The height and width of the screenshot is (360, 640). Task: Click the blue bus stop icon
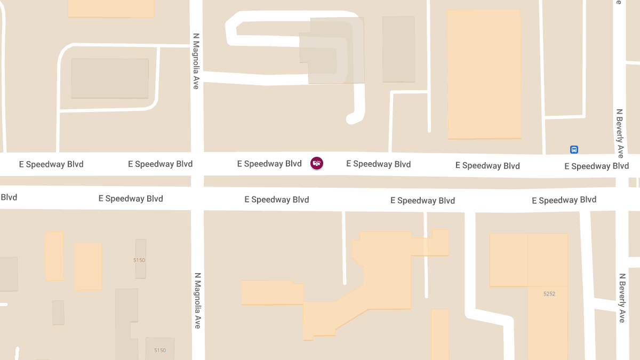click(x=574, y=150)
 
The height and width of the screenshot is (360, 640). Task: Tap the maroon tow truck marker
click(x=317, y=163)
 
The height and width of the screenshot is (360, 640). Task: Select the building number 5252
click(x=549, y=294)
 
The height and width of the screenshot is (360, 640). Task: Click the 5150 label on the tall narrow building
click(x=139, y=260)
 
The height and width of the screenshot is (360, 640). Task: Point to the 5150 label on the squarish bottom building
click(x=160, y=350)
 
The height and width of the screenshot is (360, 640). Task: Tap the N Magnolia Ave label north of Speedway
click(x=196, y=61)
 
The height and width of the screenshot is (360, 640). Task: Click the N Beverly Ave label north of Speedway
click(x=620, y=133)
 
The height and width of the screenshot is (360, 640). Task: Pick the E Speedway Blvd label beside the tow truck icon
click(x=269, y=164)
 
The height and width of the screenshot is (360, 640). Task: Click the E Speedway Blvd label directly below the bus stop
click(x=596, y=166)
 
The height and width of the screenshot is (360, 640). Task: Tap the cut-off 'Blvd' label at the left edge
click(x=9, y=197)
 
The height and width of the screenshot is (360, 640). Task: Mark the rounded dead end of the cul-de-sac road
click(x=352, y=118)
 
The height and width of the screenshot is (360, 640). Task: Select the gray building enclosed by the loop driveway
click(x=110, y=78)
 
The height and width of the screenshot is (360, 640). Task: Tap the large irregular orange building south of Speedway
click(x=384, y=277)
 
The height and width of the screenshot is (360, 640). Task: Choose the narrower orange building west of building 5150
click(x=54, y=256)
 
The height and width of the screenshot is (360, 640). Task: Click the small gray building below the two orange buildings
click(x=58, y=312)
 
